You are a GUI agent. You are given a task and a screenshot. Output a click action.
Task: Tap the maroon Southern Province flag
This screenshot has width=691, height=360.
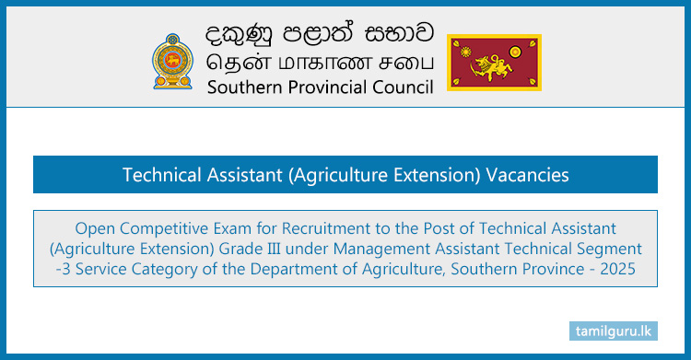click(x=494, y=63)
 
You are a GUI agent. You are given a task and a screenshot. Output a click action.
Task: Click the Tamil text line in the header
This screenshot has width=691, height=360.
click(x=310, y=63)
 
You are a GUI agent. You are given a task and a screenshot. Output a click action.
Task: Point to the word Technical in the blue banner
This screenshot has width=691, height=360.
click(x=160, y=175)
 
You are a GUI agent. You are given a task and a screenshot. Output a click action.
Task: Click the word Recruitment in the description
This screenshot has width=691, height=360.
click(x=322, y=227)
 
